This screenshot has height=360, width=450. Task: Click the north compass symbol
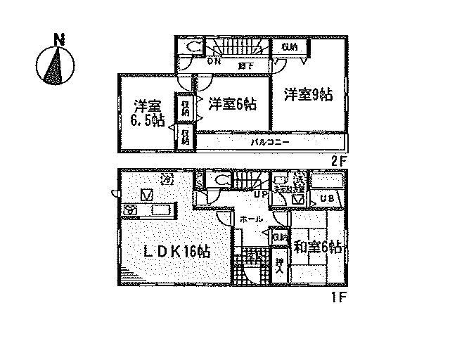coord(55,63)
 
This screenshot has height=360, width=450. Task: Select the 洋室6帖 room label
coord(232,104)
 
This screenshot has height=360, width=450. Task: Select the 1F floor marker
coord(340,296)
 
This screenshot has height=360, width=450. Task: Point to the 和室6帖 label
coord(318,247)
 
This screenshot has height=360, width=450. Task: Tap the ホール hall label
coord(252,219)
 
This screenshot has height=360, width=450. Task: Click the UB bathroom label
coord(327,199)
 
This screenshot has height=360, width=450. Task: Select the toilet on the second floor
coord(194,49)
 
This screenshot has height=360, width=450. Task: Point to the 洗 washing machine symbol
coord(298,178)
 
